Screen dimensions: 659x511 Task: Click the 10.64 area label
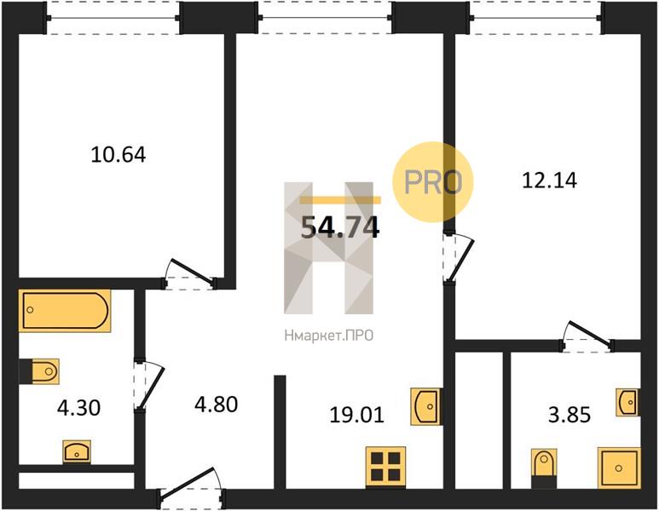pyautogui.click(x=119, y=154)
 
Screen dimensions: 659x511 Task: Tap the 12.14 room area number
pyautogui.click(x=549, y=181)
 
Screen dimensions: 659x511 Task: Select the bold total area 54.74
pyautogui.click(x=340, y=227)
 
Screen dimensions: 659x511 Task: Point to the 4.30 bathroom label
pyautogui.click(x=79, y=408)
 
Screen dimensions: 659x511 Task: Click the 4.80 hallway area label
pyautogui.click(x=217, y=405)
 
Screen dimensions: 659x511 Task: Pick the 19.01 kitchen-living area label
pyautogui.click(x=357, y=415)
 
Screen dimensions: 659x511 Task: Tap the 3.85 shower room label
pyautogui.click(x=569, y=415)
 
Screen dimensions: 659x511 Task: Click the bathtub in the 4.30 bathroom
pyautogui.click(x=65, y=311)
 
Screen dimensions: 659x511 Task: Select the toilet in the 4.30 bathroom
pyautogui.click(x=39, y=371)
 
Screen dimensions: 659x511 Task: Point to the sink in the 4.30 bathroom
pyautogui.click(x=77, y=451)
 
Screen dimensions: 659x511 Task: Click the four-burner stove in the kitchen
pyautogui.click(x=385, y=467)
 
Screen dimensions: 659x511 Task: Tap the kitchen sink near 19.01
pyautogui.click(x=426, y=406)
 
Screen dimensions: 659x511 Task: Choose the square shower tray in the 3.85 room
pyautogui.click(x=619, y=468)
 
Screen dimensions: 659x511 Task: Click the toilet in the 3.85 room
pyautogui.click(x=544, y=468)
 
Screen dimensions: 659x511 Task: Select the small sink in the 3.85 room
pyautogui.click(x=628, y=402)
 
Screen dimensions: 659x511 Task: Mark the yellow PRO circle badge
pyautogui.click(x=433, y=181)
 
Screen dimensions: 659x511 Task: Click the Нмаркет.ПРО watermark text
pyautogui.click(x=329, y=336)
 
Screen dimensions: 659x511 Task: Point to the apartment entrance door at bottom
pyautogui.click(x=191, y=487)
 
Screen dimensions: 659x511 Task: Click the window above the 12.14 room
pyautogui.click(x=536, y=18)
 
